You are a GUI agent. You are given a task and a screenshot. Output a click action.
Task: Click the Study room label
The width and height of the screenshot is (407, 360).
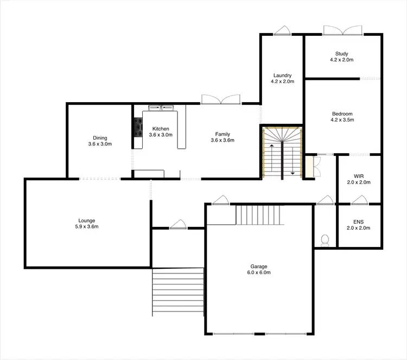tap(341, 54)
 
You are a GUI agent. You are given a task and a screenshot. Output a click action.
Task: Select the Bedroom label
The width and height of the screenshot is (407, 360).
tap(342, 113)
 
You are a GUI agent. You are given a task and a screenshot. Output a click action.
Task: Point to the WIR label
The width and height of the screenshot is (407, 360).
tap(359, 176)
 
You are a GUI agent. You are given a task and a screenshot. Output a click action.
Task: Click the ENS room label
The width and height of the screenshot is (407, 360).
tap(359, 222)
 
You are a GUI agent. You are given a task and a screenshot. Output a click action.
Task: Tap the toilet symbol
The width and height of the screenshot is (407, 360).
tap(325, 240)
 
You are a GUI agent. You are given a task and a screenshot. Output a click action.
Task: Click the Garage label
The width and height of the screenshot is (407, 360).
tap(259, 267)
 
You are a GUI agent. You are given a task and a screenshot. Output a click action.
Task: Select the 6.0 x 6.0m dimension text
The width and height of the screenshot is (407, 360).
tap(259, 273)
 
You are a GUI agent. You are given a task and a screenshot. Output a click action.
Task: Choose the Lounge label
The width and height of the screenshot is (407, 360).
tap(87, 220)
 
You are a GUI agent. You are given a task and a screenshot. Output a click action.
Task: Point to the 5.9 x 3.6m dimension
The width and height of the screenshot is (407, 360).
tap(87, 226)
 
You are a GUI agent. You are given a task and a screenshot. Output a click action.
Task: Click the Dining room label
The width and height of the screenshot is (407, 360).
tap(100, 138)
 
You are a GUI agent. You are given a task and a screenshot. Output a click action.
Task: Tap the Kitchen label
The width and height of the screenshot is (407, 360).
tap(160, 129)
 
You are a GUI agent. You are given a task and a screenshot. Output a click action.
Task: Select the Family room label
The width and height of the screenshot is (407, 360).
tap(222, 134)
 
